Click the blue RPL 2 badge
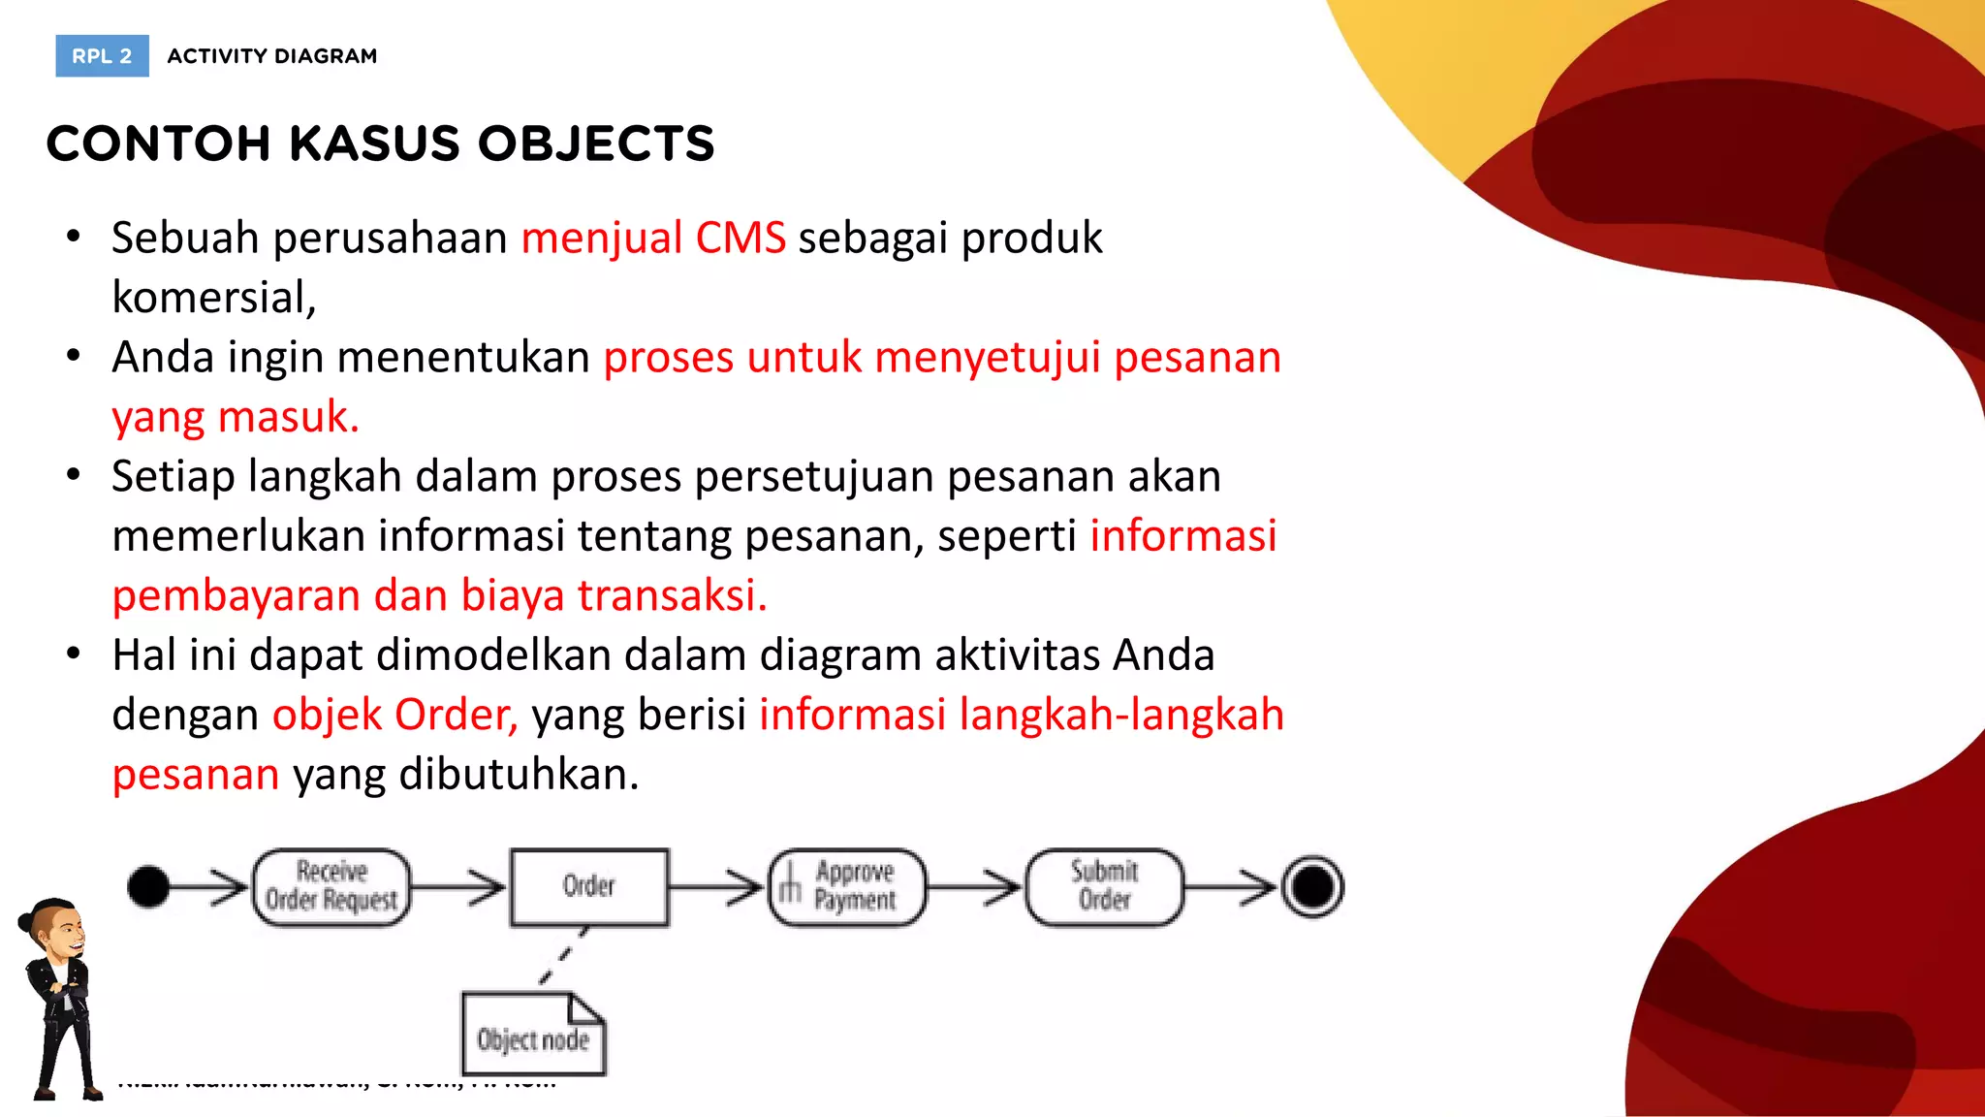coord(102,56)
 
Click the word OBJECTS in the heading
coord(596,144)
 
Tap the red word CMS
coord(740,239)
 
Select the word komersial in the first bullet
coord(213,298)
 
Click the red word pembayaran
coord(236,595)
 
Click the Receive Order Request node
coord(331,887)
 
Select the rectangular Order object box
coord(589,887)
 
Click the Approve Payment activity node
coord(847,887)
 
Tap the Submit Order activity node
coord(1104,887)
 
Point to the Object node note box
coord(533,1036)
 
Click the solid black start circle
coord(148,887)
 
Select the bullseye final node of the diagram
coord(1312,887)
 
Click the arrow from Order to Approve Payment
coord(717,887)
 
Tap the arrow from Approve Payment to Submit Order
coord(974,887)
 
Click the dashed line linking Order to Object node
coord(563,956)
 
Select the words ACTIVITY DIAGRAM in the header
coord(272,56)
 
